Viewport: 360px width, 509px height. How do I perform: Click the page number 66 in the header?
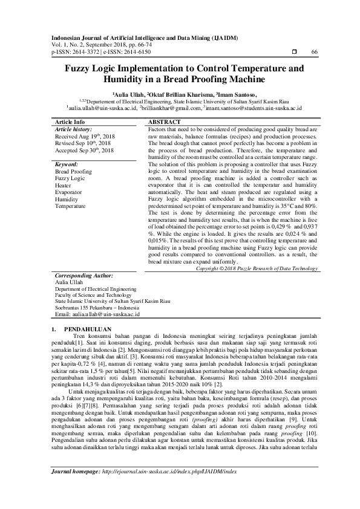click(315, 53)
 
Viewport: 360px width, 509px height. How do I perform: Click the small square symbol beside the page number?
click(294, 53)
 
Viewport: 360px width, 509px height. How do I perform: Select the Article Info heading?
click(70, 122)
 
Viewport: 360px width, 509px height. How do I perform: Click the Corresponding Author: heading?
click(83, 274)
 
